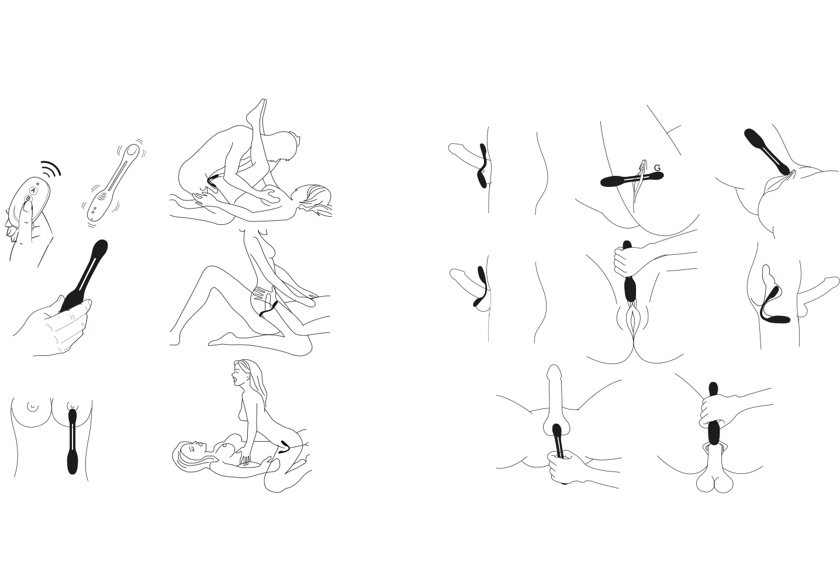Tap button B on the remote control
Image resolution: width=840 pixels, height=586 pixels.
tap(27, 199)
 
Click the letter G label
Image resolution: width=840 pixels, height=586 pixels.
tap(657, 168)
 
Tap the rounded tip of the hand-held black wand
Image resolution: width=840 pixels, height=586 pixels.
tap(100, 248)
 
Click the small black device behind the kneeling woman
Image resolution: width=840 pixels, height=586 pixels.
tap(286, 448)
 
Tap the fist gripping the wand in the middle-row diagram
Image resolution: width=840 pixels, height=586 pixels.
tap(624, 262)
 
